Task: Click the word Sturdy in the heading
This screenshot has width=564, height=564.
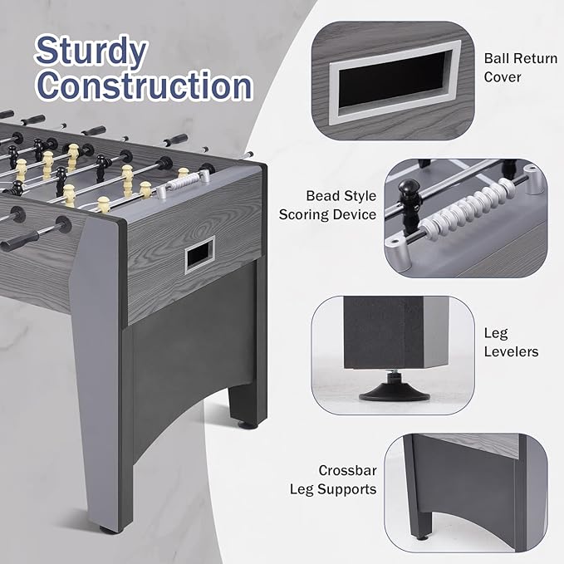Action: pos(91,51)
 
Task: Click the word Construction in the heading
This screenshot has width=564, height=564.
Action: pos(144,86)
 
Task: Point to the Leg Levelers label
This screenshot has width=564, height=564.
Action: pos(511,342)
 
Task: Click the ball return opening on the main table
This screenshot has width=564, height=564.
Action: pos(199,254)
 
